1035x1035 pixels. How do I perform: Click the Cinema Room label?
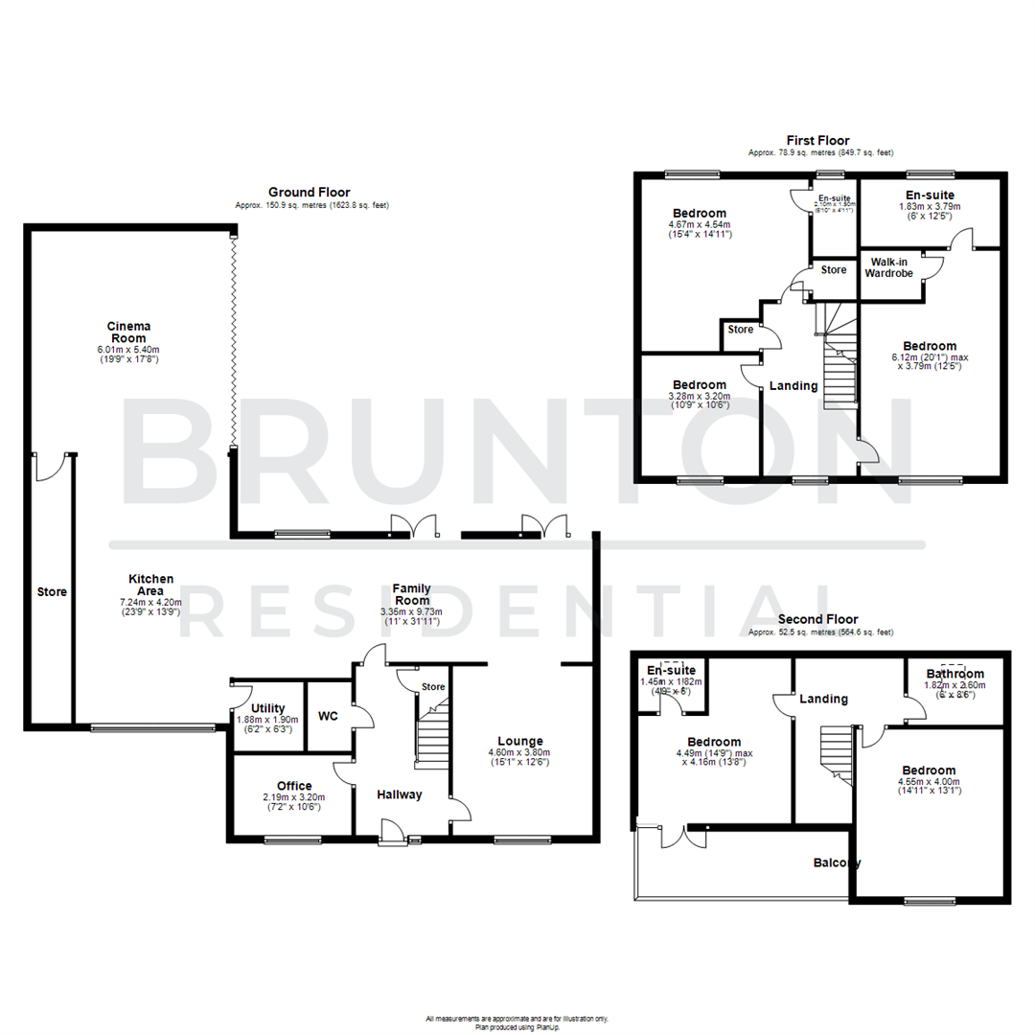[x=128, y=332]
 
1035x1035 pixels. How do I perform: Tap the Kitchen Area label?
[x=151, y=585]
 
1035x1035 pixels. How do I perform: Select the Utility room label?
[x=267, y=708]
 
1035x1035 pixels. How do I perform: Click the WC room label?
[x=328, y=716]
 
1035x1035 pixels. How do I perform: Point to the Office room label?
[x=293, y=786]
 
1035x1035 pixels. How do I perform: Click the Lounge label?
[x=520, y=741]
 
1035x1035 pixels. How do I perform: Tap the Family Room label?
[x=410, y=594]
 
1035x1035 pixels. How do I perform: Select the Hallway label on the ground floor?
[x=398, y=794]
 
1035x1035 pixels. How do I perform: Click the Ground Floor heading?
[x=309, y=192]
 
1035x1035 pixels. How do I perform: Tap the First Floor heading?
[x=817, y=141]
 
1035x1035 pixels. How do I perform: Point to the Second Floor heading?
[x=817, y=620]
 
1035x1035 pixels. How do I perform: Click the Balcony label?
[x=837, y=862]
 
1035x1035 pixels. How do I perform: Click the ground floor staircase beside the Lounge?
[x=434, y=733]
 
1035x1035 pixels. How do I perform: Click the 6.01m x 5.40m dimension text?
[x=128, y=350]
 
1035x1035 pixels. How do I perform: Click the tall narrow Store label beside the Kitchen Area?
[x=53, y=592]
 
